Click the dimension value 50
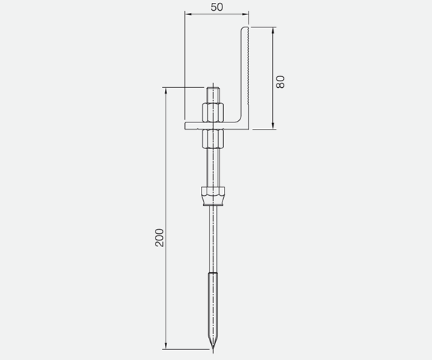tap(217, 7)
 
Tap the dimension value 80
tap(281, 82)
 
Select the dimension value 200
tap(159, 238)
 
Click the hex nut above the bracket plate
tap(213, 112)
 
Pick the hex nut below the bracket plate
tap(213, 138)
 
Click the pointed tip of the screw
tap(213, 349)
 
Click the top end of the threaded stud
tap(213, 88)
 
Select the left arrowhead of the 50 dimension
tap(188, 14)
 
